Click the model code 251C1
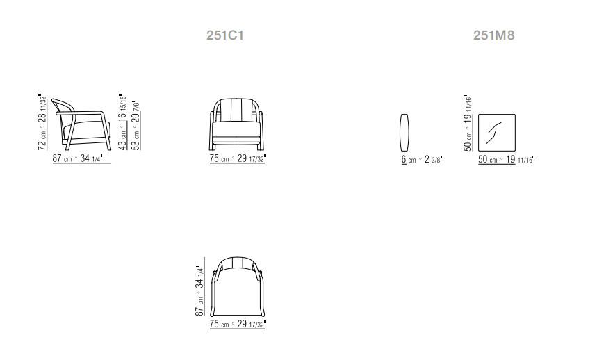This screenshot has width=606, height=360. tap(225, 35)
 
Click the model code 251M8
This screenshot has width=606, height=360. tap(494, 35)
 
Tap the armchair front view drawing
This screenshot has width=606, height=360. tap(237, 124)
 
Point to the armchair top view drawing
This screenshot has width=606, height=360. tap(237, 286)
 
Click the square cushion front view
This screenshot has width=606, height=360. tap(497, 133)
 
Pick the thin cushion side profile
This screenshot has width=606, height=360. tap(404, 133)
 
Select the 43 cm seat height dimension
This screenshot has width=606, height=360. tap(122, 122)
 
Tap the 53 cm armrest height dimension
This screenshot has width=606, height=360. tap(136, 125)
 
